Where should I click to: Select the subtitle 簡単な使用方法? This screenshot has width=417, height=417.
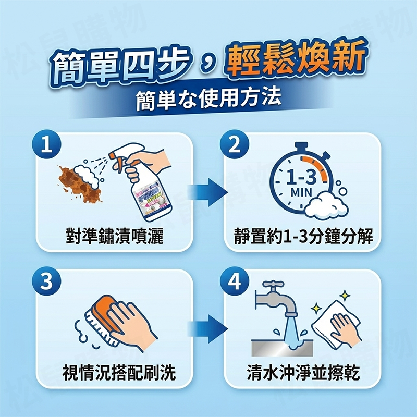(x=208, y=97)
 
